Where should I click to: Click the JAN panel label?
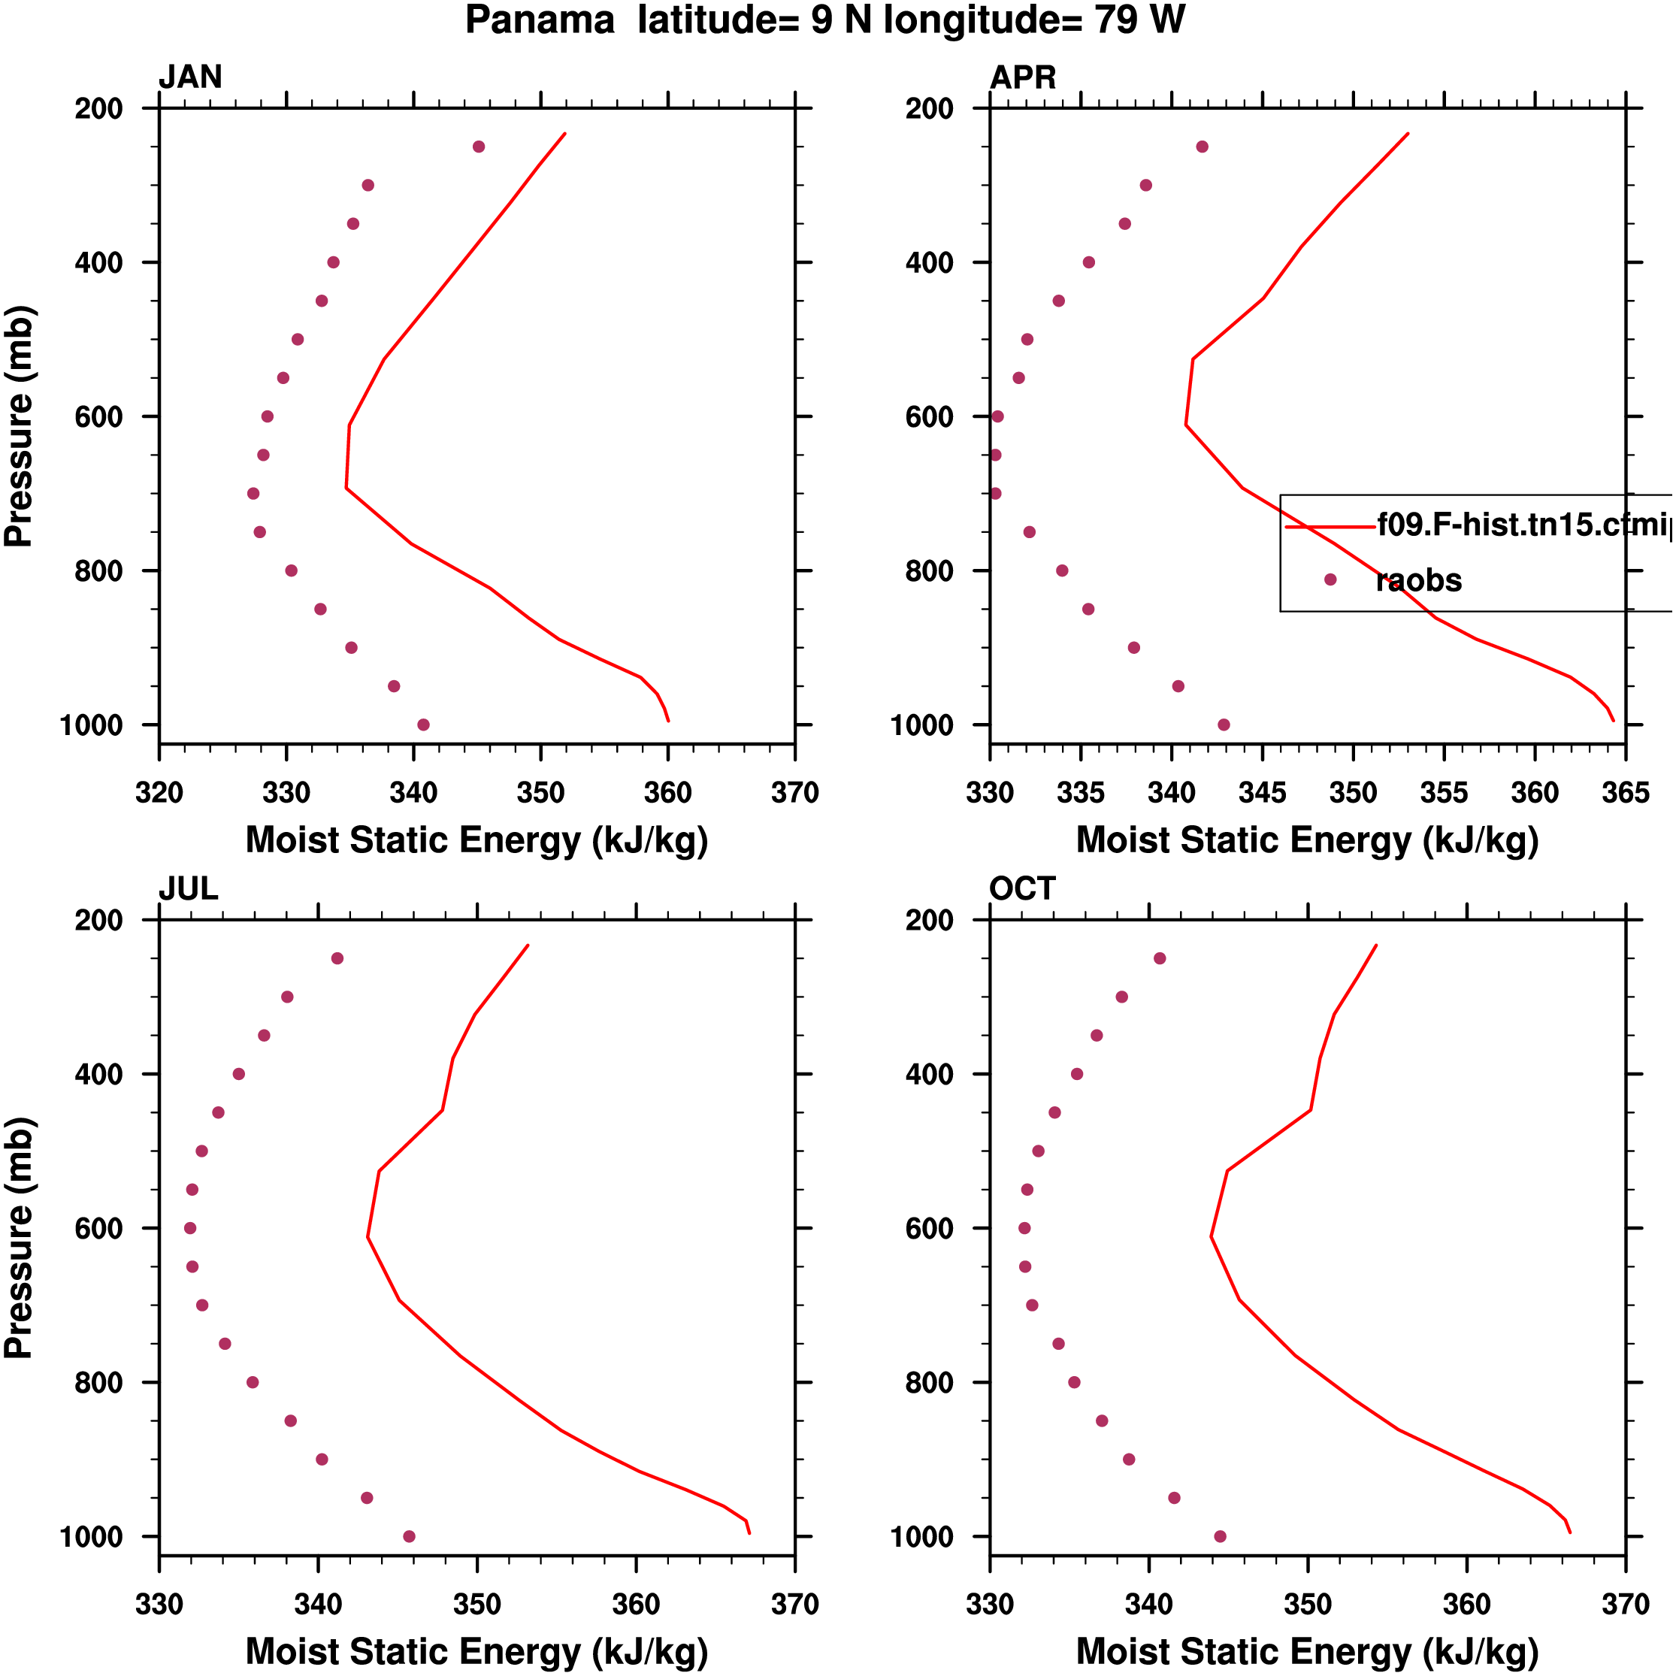click(190, 77)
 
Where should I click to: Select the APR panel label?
click(1023, 77)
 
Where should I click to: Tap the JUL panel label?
click(188, 888)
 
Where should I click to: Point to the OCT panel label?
click(1022, 888)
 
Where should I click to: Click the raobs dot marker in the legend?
click(1330, 579)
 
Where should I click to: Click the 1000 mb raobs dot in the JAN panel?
click(423, 725)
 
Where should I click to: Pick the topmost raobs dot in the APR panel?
click(1202, 147)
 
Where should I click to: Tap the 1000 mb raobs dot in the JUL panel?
click(410, 1536)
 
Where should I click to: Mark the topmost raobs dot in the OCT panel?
click(1160, 958)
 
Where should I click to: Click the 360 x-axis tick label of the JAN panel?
click(667, 793)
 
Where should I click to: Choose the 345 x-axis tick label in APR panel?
click(1262, 793)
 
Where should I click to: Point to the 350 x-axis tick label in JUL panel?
click(477, 1604)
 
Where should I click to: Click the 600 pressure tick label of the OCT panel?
click(930, 1228)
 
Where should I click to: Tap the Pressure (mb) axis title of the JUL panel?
click(19, 1237)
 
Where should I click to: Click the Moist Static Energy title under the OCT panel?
click(1307, 1651)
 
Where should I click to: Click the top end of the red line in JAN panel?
click(564, 134)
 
